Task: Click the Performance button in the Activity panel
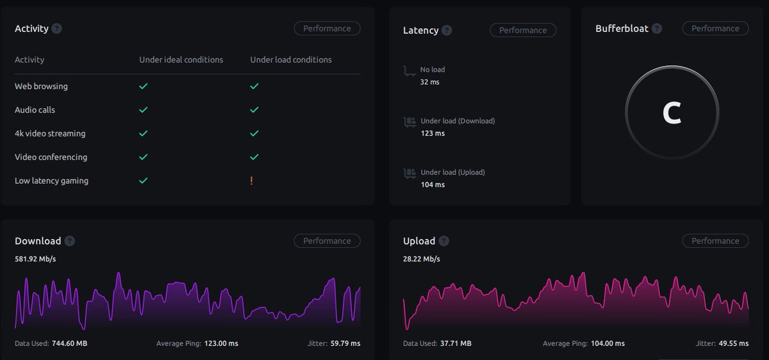pyautogui.click(x=327, y=28)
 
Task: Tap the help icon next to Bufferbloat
pyautogui.click(x=657, y=29)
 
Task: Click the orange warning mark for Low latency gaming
pyautogui.click(x=251, y=181)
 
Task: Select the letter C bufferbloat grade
pyautogui.click(x=672, y=113)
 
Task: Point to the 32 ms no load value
pyautogui.click(x=429, y=82)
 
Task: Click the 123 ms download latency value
pyautogui.click(x=432, y=133)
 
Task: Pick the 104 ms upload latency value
pyautogui.click(x=432, y=184)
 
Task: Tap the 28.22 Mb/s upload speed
pyautogui.click(x=421, y=259)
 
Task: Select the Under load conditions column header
pyautogui.click(x=291, y=60)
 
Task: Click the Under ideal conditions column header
pyautogui.click(x=181, y=60)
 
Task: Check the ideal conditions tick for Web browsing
pyautogui.click(x=144, y=86)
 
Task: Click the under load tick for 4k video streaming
pyautogui.click(x=254, y=133)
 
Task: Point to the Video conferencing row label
pyautogui.click(x=51, y=157)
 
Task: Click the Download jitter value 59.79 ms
pyautogui.click(x=345, y=343)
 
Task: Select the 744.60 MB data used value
pyautogui.click(x=69, y=343)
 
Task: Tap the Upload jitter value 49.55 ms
pyautogui.click(x=733, y=343)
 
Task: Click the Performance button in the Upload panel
pyautogui.click(x=715, y=241)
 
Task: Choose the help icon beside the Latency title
pyautogui.click(x=447, y=30)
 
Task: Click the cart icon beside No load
pyautogui.click(x=409, y=70)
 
